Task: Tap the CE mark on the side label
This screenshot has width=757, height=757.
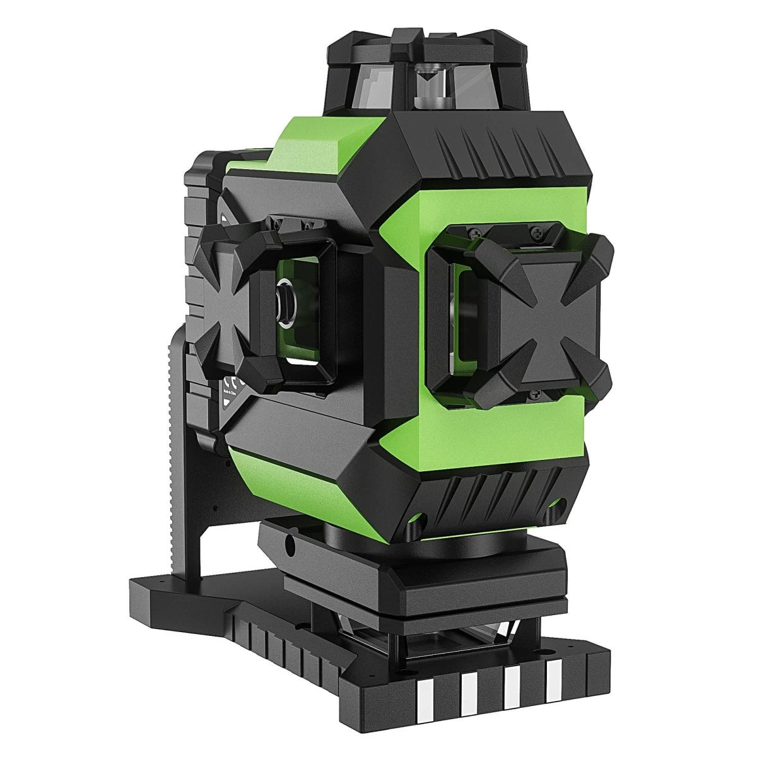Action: (231, 384)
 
